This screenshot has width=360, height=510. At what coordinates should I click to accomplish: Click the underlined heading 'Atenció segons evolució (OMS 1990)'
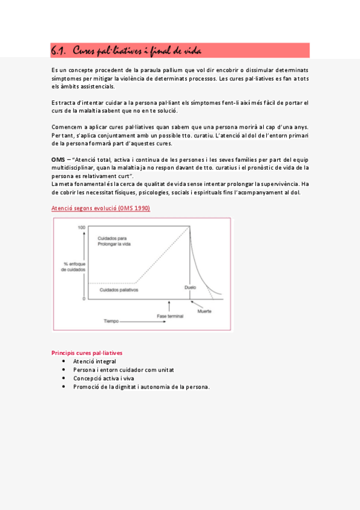101,208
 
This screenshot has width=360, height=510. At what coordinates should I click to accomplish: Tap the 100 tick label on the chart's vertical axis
82,227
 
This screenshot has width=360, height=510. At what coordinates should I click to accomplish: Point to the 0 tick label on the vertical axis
84,298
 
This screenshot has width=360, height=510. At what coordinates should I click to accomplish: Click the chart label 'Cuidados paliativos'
118,289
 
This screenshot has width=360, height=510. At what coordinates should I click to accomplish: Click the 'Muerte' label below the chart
204,312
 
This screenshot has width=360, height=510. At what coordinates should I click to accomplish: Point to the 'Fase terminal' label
170,316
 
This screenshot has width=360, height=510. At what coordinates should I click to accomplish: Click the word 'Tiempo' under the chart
111,322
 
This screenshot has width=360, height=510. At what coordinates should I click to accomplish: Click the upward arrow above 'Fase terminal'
170,305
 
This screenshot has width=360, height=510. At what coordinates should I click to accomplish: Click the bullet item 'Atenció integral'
94,361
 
